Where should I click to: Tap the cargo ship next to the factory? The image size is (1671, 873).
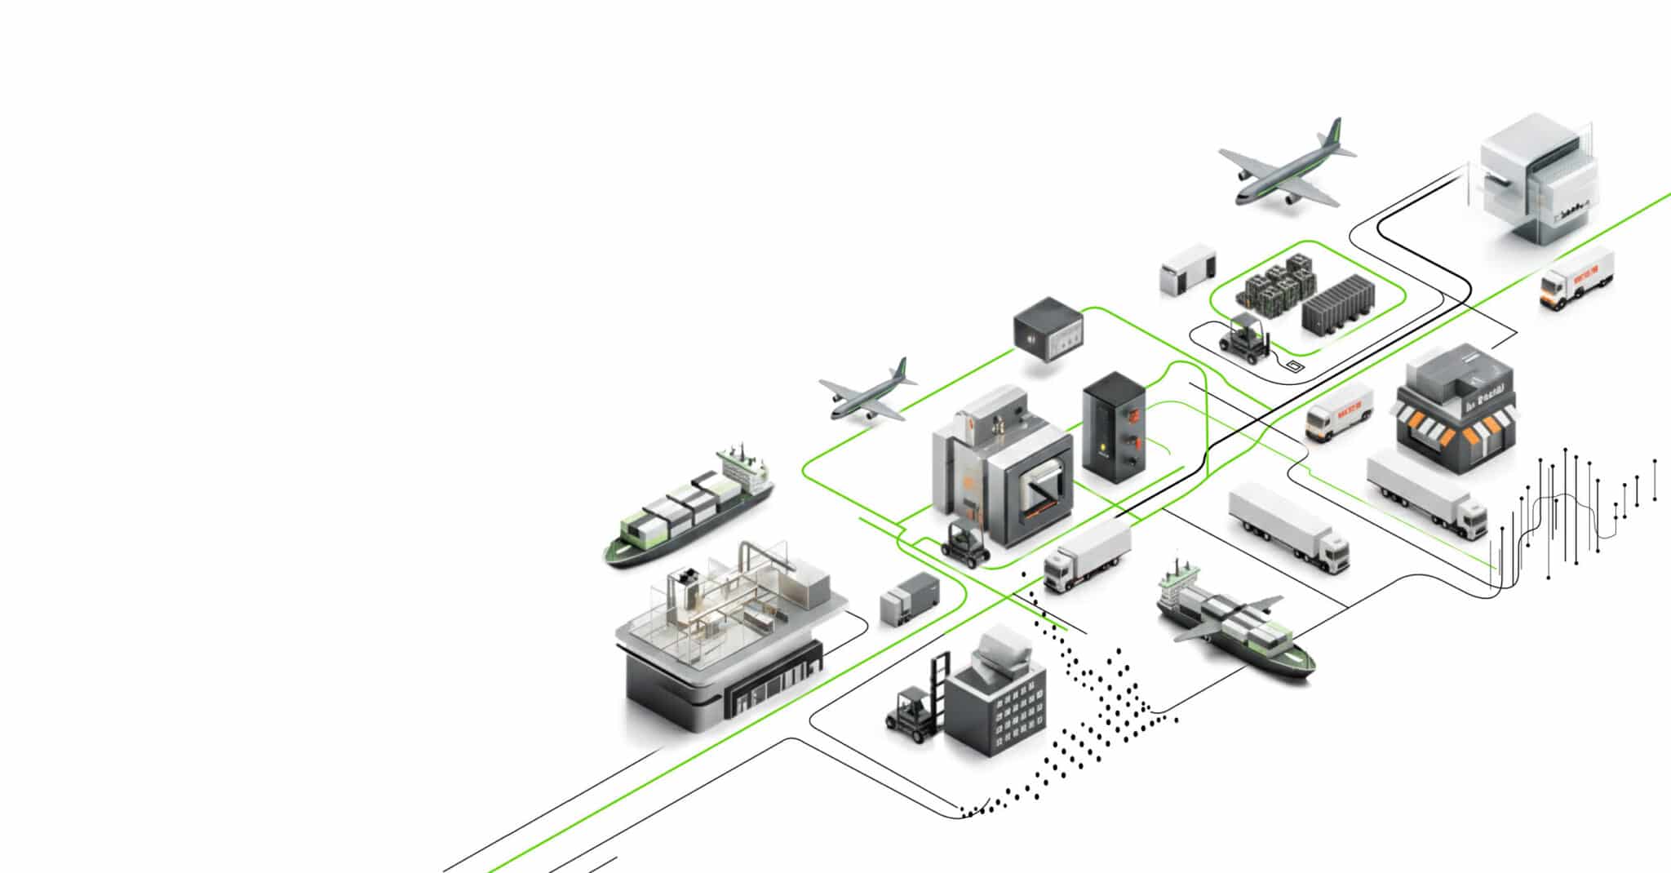tap(688, 507)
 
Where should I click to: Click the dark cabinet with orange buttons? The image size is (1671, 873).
tap(1115, 428)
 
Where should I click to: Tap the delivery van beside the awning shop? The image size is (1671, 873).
tap(1339, 413)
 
